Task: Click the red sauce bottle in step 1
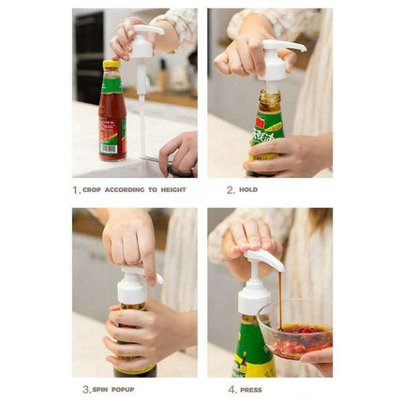[x=112, y=117]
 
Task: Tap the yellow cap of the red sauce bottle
[x=112, y=66]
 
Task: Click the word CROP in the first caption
[x=92, y=189]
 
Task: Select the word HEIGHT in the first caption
[x=172, y=189]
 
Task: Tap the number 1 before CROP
[x=76, y=189]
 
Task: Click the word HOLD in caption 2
[x=248, y=189]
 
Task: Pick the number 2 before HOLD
[x=231, y=189]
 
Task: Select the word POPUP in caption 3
[x=127, y=389]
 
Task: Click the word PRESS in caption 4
[x=251, y=389]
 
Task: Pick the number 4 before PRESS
[x=231, y=389]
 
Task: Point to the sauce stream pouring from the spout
[x=279, y=300]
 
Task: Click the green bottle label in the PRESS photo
[x=253, y=351]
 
